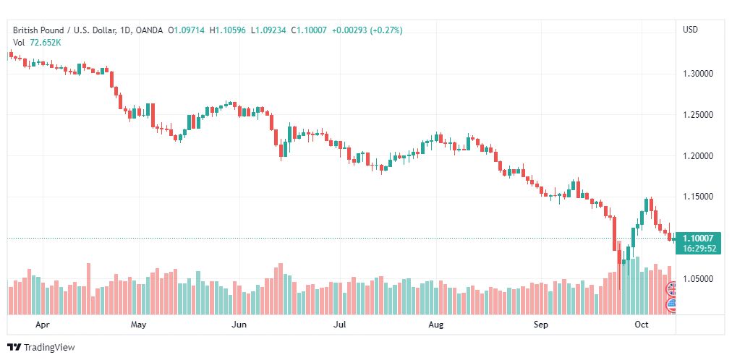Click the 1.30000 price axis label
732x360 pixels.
pyautogui.click(x=698, y=74)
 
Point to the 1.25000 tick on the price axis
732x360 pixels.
pyautogui.click(x=698, y=115)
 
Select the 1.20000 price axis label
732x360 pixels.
pyautogui.click(x=698, y=156)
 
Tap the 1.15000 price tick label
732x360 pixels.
pyautogui.click(x=698, y=197)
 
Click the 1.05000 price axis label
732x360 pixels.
pyautogui.click(x=698, y=279)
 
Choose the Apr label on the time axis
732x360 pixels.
pyautogui.click(x=42, y=325)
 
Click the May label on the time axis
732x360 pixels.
pyautogui.click(x=139, y=325)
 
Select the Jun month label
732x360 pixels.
pyautogui.click(x=239, y=325)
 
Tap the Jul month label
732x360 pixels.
pyautogui.click(x=337, y=325)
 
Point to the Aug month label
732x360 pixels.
pyautogui.click(x=435, y=325)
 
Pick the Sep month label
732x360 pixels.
pyautogui.click(x=542, y=325)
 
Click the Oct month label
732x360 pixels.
pyautogui.click(x=641, y=325)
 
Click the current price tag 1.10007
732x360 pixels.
pyautogui.click(x=698, y=239)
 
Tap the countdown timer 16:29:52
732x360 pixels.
pyautogui.click(x=698, y=248)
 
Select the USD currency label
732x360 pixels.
pyautogui.click(x=690, y=30)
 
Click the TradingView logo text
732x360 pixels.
pyautogui.click(x=49, y=348)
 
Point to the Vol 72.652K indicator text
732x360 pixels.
pyautogui.click(x=36, y=43)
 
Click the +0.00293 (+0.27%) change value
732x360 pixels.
pyautogui.click(x=367, y=30)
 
